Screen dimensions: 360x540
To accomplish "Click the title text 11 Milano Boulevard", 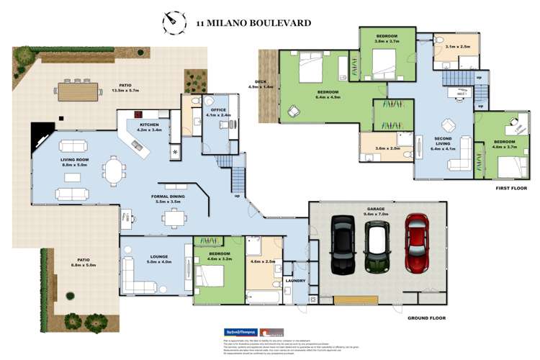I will point(253,23).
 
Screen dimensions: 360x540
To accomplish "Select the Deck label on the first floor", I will point(260,83).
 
